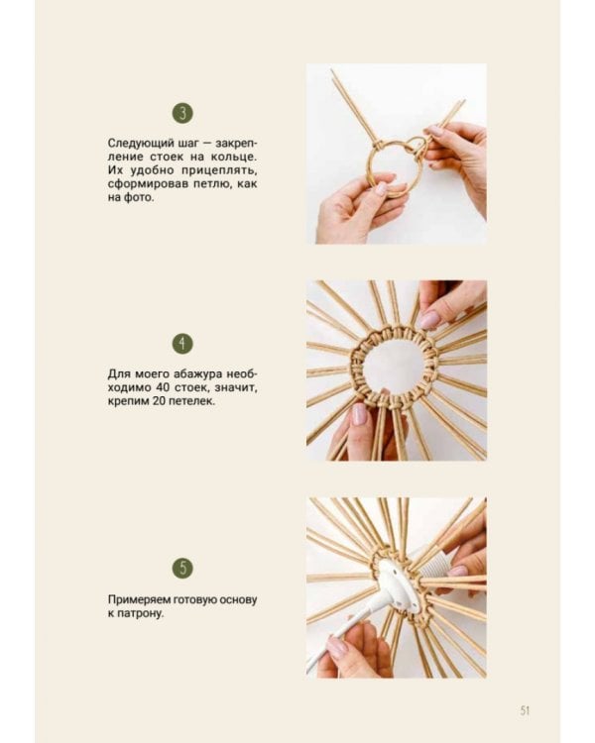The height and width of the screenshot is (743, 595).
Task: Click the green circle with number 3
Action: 182,113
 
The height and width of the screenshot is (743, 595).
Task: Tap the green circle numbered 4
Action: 182,344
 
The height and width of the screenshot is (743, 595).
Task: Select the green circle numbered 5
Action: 182,569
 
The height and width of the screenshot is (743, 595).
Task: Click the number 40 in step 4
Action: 159,387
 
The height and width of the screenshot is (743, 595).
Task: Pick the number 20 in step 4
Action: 159,401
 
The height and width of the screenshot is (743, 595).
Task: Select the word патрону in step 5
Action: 140,614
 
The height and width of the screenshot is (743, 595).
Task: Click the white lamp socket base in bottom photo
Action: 397,587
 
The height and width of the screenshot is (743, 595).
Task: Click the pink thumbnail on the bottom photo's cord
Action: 337,647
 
